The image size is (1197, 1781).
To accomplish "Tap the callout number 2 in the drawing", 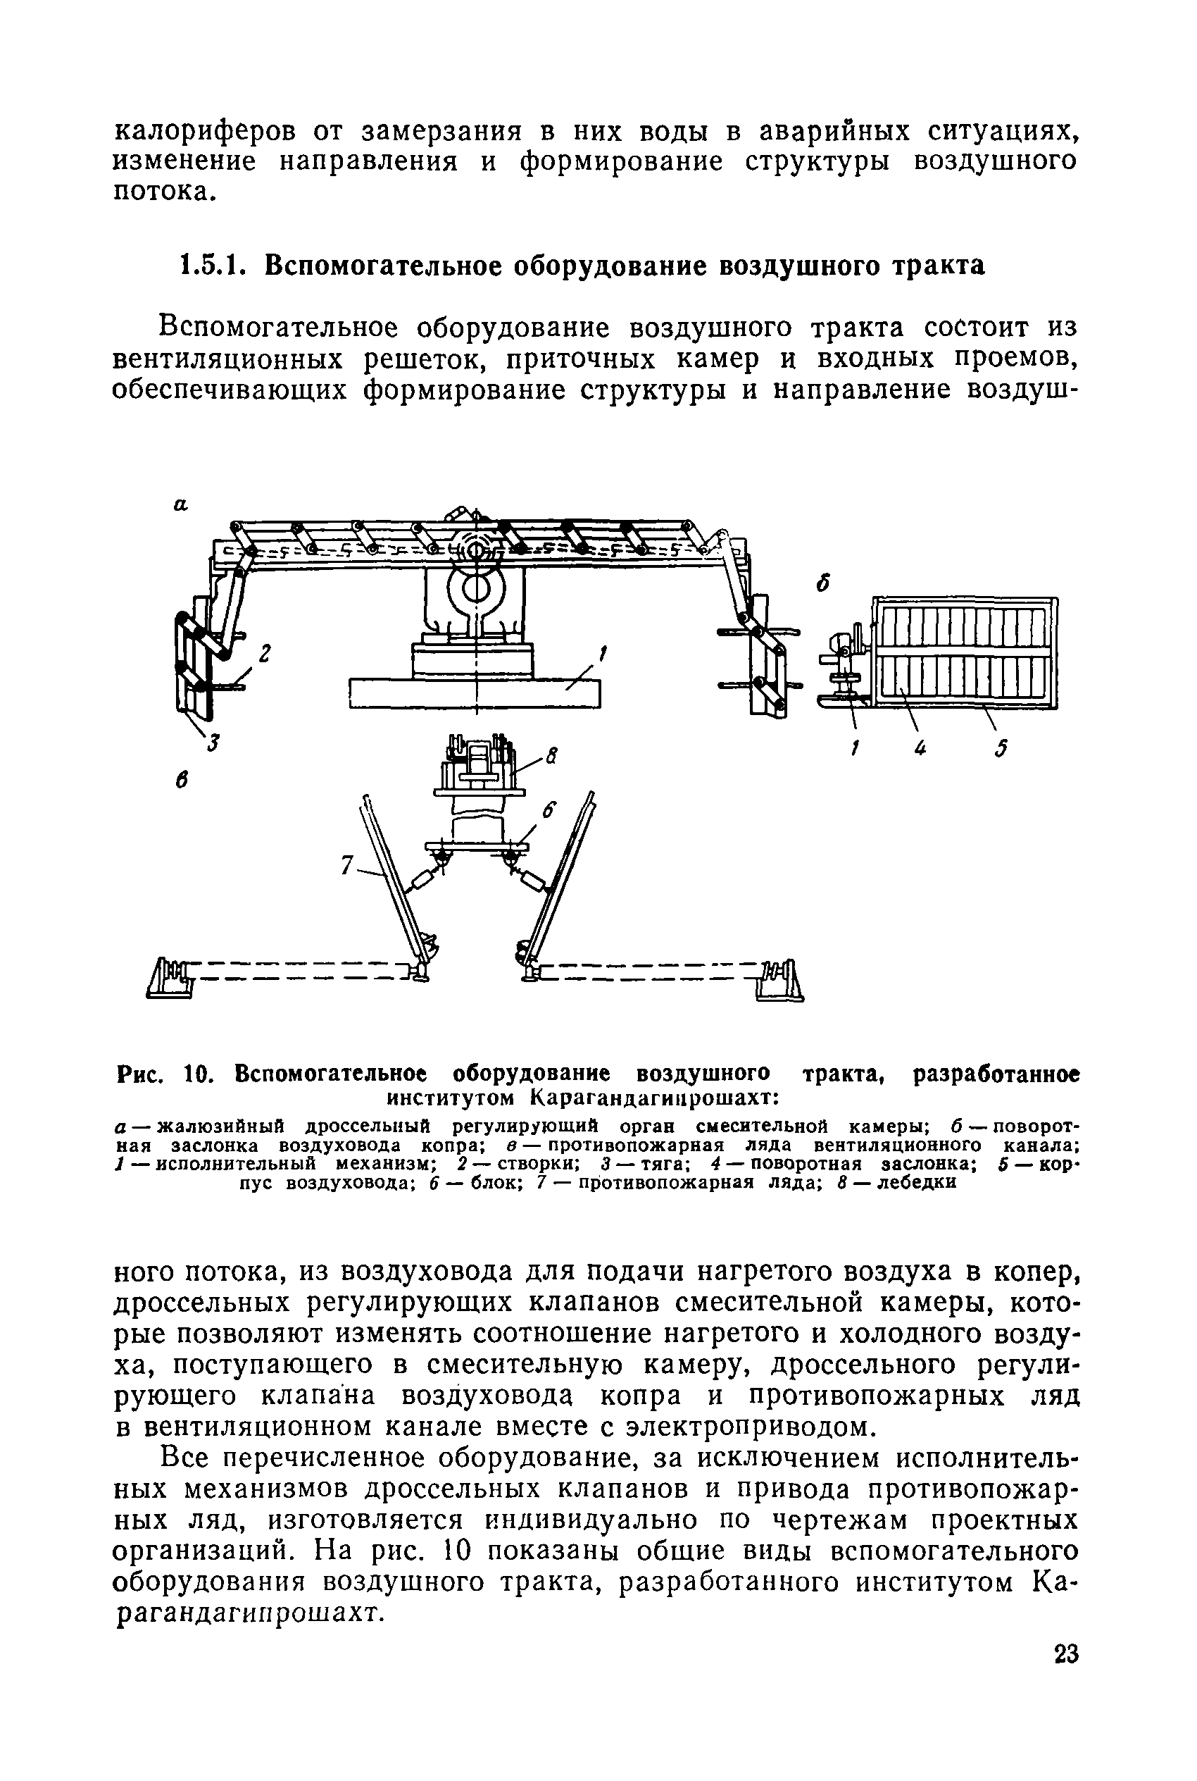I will pyautogui.click(x=264, y=654).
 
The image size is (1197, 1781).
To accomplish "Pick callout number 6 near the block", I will pyautogui.click(x=551, y=810).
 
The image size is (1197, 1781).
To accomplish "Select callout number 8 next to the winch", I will pyautogui.click(x=552, y=757).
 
